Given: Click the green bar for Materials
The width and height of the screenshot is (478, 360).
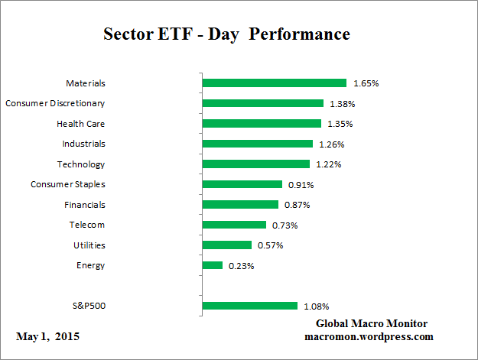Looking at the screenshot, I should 274,83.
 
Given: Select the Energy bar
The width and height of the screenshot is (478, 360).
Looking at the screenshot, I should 212,265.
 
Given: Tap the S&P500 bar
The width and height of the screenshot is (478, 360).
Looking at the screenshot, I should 249,306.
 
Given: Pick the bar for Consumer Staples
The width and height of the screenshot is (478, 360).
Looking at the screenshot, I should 242,184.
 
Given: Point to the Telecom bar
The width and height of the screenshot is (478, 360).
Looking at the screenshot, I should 233,225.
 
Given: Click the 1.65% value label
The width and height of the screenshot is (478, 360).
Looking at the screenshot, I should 365,83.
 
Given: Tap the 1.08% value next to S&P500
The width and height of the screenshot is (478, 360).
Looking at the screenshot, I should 316,306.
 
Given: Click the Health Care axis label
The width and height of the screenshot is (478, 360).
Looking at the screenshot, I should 80,123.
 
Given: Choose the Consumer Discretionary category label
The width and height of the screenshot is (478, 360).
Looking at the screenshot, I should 55,103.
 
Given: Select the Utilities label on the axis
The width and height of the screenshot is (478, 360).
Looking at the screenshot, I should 89,245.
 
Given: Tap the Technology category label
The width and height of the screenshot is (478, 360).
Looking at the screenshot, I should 81,164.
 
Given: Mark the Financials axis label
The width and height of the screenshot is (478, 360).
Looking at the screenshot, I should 85,205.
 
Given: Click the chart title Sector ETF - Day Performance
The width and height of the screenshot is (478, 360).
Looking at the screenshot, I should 226,35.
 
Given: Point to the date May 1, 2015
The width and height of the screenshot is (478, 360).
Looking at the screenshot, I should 47,336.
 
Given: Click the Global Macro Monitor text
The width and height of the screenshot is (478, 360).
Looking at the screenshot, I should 377,324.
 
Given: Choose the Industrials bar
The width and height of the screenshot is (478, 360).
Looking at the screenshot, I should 257,144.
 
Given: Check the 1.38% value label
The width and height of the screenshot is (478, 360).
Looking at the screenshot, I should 342,103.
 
